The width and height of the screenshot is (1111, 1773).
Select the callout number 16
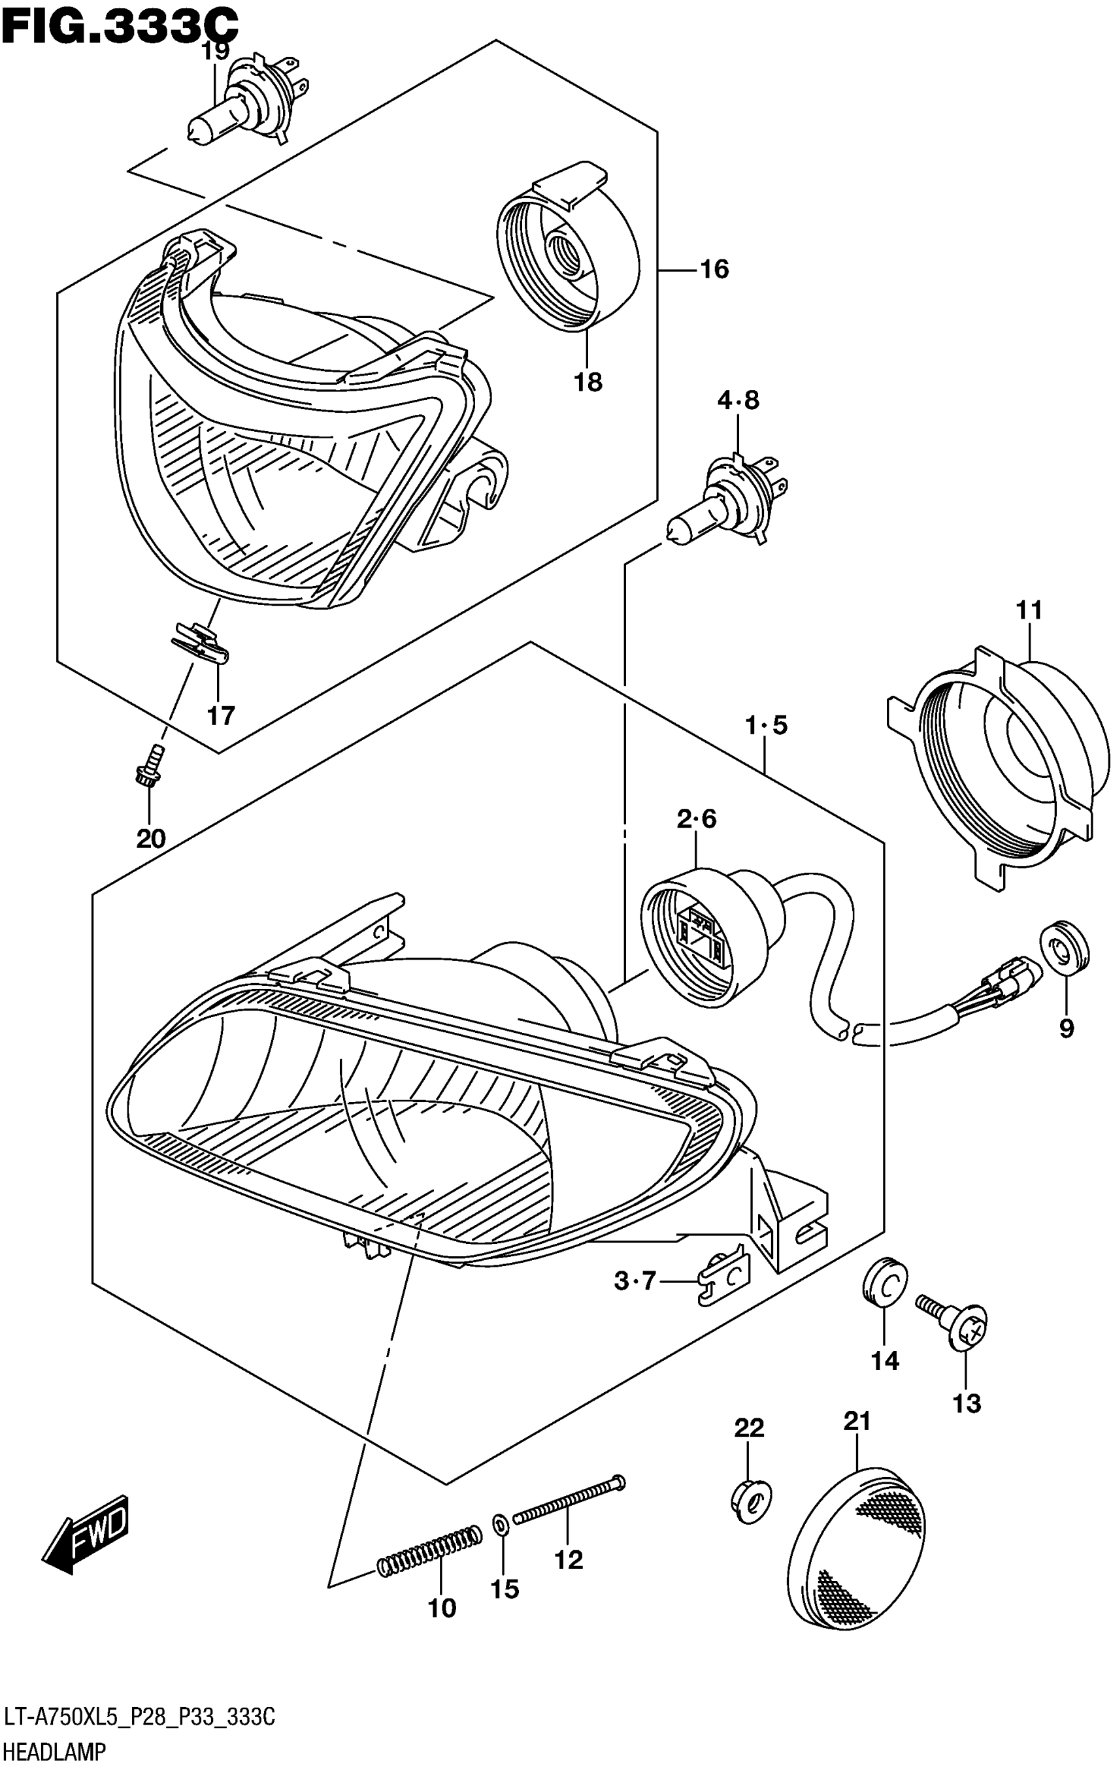click(714, 270)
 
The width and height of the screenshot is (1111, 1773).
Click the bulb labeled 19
click(242, 102)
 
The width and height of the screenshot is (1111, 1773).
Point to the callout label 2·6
click(696, 818)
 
